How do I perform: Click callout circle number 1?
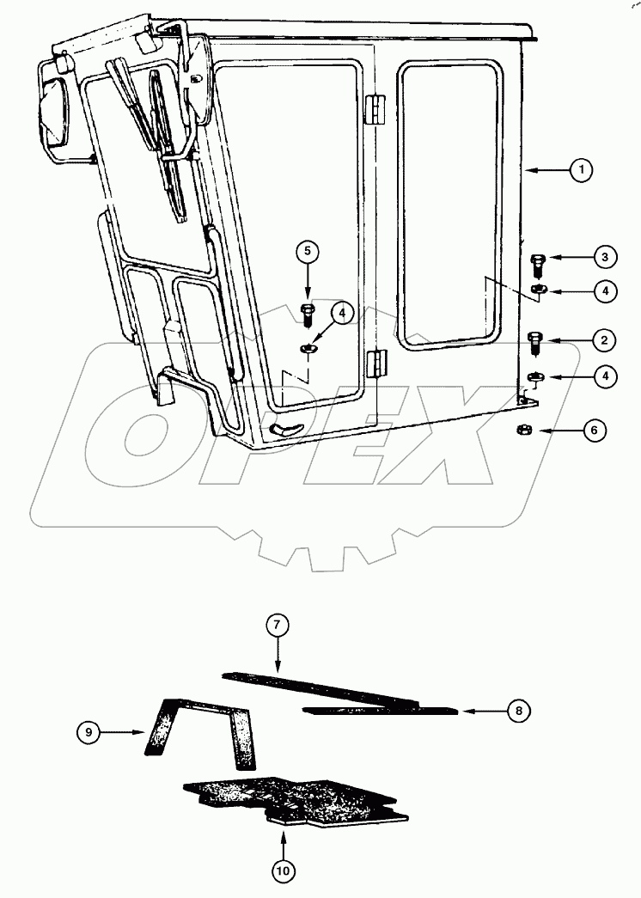pos(582,171)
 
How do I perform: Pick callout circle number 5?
pos(308,253)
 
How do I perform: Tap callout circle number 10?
pos(284,871)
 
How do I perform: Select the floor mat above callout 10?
pos(292,797)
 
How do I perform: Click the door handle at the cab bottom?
pos(287,428)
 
